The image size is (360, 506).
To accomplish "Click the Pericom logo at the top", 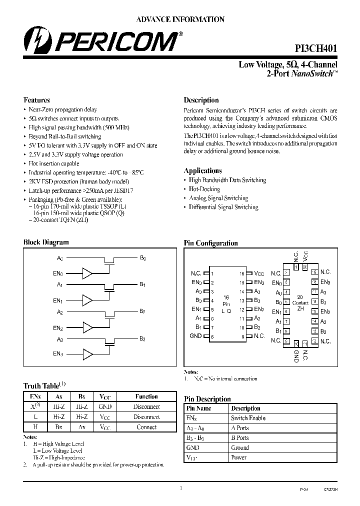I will pyautogui.click(x=100, y=40).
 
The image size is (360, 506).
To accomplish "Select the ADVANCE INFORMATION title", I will pyautogui.click(x=180, y=19).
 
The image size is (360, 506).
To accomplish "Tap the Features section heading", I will pyautogui.click(x=36, y=100).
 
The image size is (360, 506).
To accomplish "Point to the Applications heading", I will pyautogui.click(x=202, y=170).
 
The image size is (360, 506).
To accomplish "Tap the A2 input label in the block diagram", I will pyautogui.click(x=60, y=312).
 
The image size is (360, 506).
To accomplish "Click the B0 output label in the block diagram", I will pyautogui.click(x=142, y=258).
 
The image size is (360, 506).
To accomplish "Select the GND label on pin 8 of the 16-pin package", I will pyautogui.click(x=195, y=336).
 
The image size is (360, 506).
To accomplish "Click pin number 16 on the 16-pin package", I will pyautogui.click(x=242, y=274).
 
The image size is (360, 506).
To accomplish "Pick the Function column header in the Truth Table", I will pyautogui.click(x=146, y=396).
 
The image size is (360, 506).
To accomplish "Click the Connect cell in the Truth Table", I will pyautogui.click(x=146, y=427).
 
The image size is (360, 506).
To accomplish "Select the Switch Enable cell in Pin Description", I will pyautogui.click(x=248, y=418).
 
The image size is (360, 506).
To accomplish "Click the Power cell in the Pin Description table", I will pyautogui.click(x=238, y=457).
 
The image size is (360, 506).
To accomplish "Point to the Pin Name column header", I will pyautogui.click(x=198, y=408).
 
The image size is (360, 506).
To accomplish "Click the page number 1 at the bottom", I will pyautogui.click(x=180, y=488).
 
